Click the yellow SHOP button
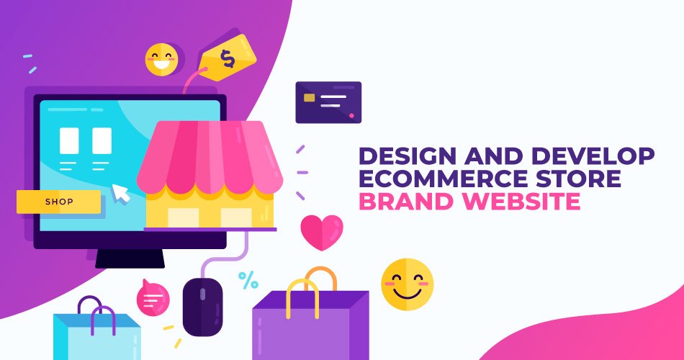[58, 202]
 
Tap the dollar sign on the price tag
[228, 58]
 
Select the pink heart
[322, 232]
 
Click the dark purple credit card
[328, 102]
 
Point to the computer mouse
[202, 307]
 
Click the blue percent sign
[248, 280]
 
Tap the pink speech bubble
[153, 298]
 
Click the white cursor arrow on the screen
[120, 193]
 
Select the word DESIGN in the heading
[401, 156]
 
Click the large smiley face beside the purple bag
[407, 284]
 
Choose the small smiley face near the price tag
[162, 60]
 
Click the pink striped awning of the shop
[210, 157]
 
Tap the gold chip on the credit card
[310, 98]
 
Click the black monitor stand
[130, 258]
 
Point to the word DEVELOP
[593, 156]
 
